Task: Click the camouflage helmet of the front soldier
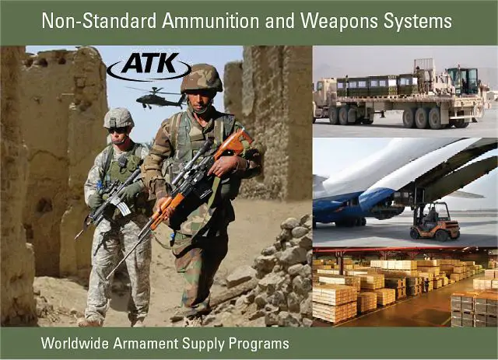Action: pos(202,79)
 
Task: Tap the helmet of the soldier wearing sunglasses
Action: pos(118,117)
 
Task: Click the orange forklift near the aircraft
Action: pos(435,223)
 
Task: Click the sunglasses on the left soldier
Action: pos(117,129)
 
